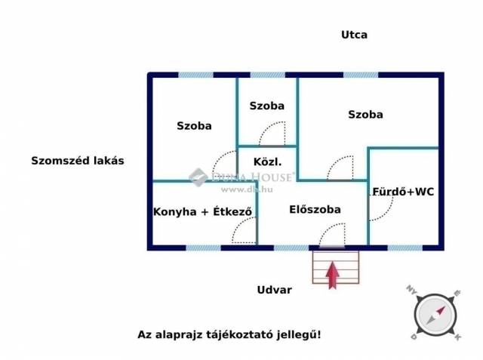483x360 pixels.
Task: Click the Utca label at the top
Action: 354,35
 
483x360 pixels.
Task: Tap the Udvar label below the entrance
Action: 274,290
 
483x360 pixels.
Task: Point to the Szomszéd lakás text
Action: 77,161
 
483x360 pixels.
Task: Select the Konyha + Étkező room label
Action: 202,212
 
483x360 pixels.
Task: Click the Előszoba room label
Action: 315,209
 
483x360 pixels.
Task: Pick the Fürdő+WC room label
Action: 403,192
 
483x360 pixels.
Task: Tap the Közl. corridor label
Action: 268,162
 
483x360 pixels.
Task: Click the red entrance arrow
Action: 331,274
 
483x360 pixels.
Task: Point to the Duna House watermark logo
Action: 241,178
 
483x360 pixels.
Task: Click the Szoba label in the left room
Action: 194,126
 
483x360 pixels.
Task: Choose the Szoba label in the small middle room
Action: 267,106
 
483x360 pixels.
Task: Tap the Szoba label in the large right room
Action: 365,115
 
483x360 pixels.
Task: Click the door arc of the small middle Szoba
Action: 272,134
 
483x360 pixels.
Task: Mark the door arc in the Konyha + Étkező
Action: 245,233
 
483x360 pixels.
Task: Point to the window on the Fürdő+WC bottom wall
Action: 405,247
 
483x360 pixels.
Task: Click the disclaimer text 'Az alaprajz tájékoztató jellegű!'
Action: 229,334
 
